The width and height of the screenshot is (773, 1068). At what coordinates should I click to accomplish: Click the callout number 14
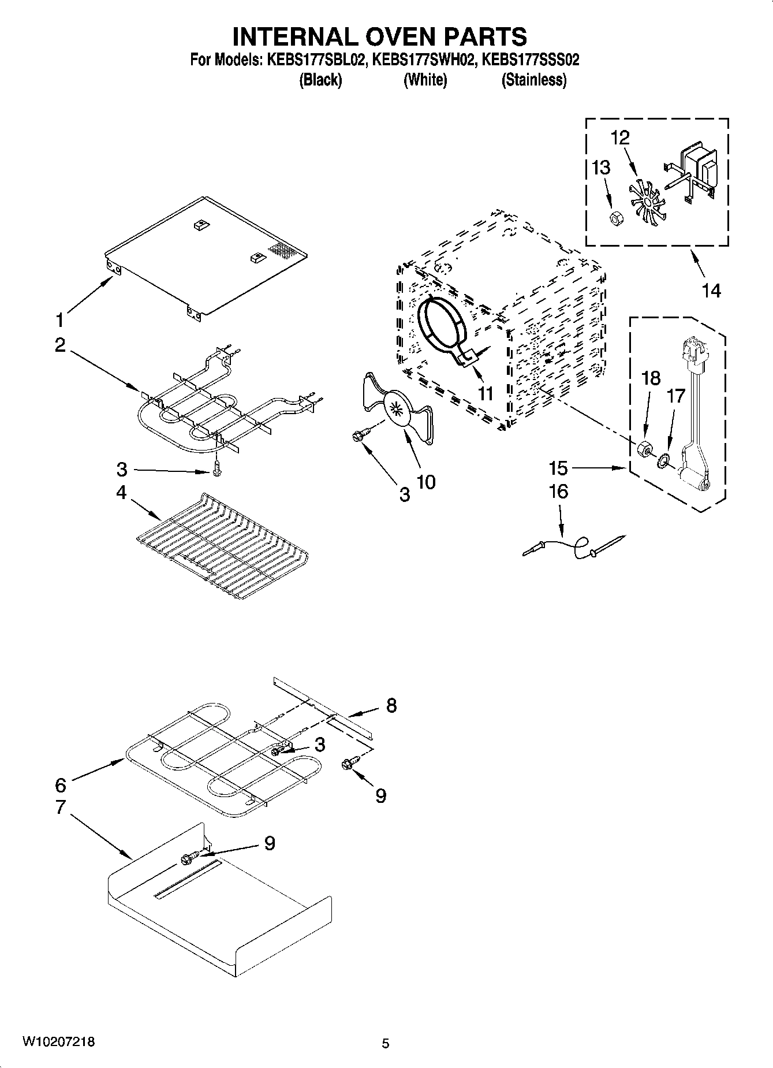click(711, 291)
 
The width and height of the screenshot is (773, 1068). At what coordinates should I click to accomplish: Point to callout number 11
click(486, 393)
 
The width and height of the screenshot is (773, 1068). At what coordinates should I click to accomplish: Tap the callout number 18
click(651, 378)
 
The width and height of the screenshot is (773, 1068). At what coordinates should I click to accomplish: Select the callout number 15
click(559, 468)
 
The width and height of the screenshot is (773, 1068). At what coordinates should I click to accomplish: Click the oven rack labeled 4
click(222, 543)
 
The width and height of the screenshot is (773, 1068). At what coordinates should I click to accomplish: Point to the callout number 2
click(60, 345)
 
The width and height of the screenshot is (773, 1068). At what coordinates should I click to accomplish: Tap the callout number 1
click(59, 319)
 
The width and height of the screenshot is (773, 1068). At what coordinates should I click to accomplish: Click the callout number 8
click(391, 705)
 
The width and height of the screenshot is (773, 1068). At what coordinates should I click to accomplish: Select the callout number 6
click(61, 784)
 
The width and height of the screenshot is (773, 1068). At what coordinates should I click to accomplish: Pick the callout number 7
click(61, 807)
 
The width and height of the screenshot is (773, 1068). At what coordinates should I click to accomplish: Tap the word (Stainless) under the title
click(533, 80)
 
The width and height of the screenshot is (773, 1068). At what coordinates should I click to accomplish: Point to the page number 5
click(385, 1043)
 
